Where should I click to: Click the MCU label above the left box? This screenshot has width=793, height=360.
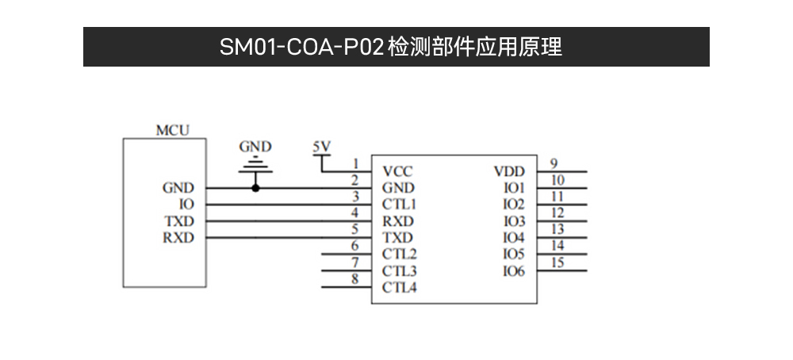click(172, 131)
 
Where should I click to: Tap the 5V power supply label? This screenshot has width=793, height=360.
click(321, 147)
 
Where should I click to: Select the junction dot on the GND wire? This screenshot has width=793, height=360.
click(255, 188)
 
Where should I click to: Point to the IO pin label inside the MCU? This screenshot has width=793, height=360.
click(187, 205)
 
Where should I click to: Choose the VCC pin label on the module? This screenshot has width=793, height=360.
click(397, 171)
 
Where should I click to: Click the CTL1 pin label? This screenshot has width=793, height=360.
click(399, 205)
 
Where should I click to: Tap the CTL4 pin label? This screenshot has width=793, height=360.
click(399, 288)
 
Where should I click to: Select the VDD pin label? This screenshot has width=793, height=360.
click(509, 171)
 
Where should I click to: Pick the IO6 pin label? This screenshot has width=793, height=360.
click(514, 271)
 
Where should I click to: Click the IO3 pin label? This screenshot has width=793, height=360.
click(514, 221)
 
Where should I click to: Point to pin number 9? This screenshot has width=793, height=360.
click(554, 163)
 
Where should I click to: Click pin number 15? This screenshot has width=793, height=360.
click(557, 263)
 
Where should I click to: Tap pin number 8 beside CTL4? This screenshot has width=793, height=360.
click(355, 278)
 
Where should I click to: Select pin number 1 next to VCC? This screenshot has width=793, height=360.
click(355, 163)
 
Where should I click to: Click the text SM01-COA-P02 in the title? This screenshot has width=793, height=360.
click(302, 47)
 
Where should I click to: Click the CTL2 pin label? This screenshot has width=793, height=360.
click(399, 255)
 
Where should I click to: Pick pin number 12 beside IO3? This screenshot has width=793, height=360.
click(557, 213)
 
